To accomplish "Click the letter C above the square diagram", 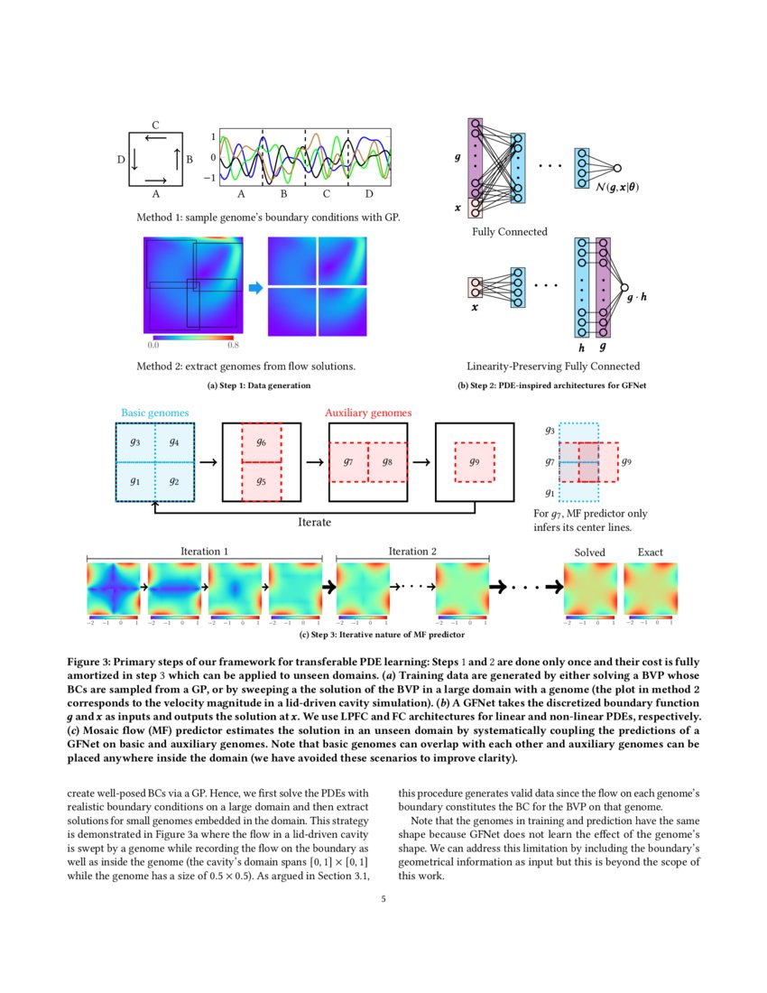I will pos(155,125).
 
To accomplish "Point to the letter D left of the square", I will pos(120,160).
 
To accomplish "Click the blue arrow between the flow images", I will pos(255,287).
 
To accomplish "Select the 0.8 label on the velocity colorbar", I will pos(233,345).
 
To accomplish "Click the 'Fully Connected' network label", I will pos(509,232).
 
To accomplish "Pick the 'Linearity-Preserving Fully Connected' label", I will pos(553,367).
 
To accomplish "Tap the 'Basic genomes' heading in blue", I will pos(155,413).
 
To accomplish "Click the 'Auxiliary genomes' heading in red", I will pos(368,413).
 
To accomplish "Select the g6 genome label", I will pos(261,442).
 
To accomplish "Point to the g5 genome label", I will pos(261,481).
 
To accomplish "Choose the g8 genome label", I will pos(387,461).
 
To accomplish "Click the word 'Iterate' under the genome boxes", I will pos(315,522).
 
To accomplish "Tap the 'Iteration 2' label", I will pos(412,552).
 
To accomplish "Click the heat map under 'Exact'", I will pos(651,589).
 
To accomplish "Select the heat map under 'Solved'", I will pos(590,589).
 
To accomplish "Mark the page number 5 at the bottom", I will pos(383,899).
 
